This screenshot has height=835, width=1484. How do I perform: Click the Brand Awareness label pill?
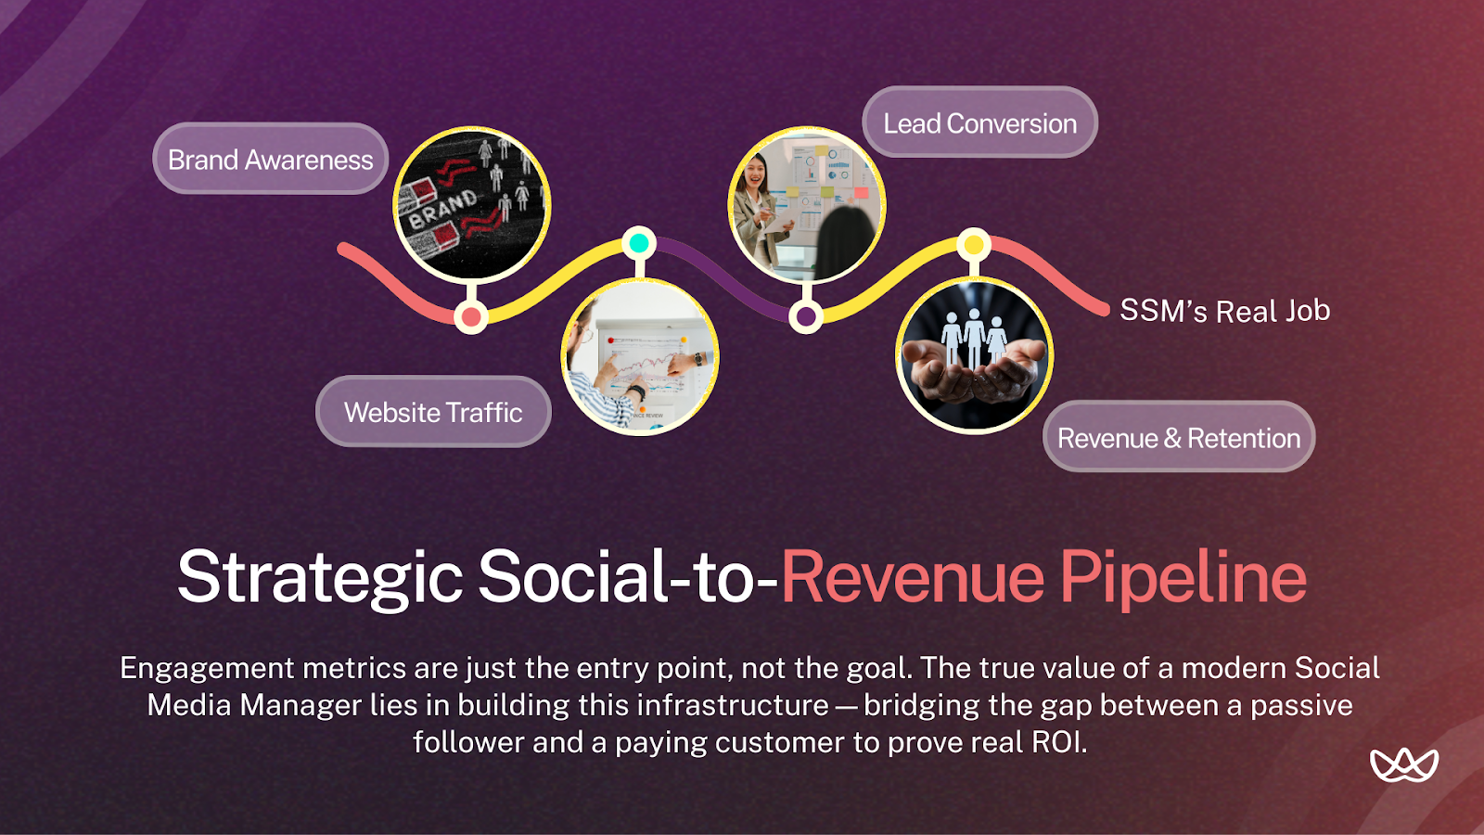coord(270,160)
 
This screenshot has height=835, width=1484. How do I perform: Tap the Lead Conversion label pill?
coord(979,123)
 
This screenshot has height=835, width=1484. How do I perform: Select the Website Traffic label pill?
coord(433,412)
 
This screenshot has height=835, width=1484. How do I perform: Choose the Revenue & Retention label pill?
coord(1179,438)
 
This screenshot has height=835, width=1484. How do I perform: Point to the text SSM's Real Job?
coord(1224,311)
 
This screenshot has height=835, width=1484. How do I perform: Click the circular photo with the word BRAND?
coord(472,205)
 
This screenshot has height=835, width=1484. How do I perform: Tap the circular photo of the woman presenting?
coord(807,205)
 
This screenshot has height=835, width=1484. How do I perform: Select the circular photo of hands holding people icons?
coord(974,355)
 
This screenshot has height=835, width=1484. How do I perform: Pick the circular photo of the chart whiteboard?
coord(640,357)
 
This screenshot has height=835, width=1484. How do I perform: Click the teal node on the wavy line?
coord(638,243)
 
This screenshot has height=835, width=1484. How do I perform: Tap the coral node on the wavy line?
coord(471,317)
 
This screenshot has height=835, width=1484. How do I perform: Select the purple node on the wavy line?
coord(806,317)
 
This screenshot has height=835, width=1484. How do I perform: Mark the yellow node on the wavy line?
coord(973,245)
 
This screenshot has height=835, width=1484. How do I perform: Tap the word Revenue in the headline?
coord(913,577)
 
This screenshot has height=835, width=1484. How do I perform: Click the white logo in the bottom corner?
coord(1403,764)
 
